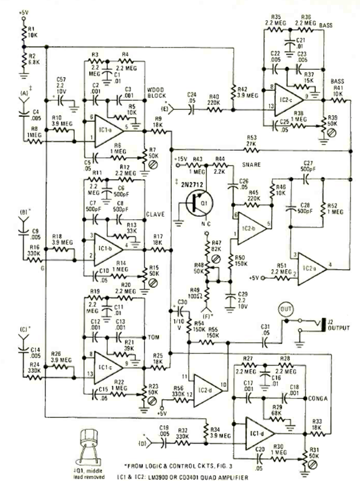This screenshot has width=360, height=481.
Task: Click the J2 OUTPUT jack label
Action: (x=338, y=325)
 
